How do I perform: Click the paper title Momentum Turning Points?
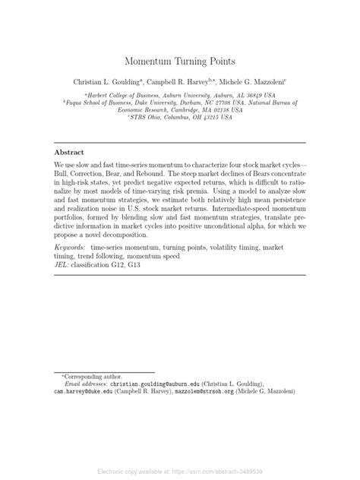[180, 58]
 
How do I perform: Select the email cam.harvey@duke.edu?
[79, 392]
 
